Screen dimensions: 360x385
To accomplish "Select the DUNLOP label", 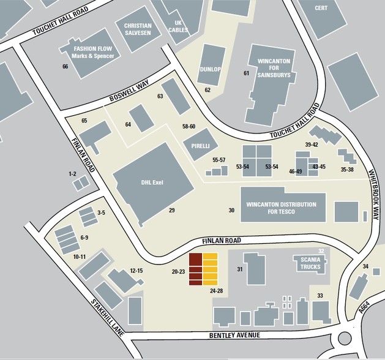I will point(209,69).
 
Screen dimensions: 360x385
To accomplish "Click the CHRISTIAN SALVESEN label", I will point(137,29).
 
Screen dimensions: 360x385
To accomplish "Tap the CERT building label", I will point(321,8).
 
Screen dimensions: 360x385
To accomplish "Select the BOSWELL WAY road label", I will point(129,92).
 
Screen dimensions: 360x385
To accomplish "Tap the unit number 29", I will point(172,210).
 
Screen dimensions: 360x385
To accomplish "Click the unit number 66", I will point(65,66).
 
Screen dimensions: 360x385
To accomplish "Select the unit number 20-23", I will point(179,271).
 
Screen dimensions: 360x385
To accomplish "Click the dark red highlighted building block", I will point(195,269).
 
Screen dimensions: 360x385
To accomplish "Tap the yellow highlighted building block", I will point(210,269).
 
